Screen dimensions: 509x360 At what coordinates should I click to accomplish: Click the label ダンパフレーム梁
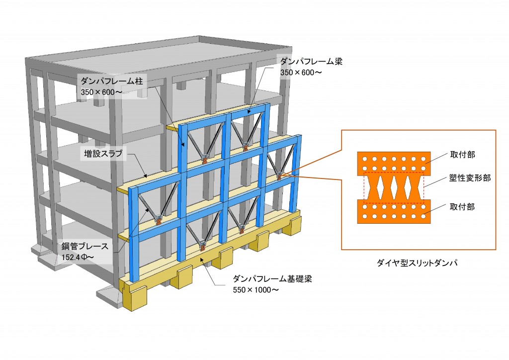(x=311, y=61)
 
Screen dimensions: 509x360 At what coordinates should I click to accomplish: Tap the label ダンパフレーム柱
(x=112, y=81)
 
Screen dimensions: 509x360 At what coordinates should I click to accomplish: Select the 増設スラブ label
(x=103, y=154)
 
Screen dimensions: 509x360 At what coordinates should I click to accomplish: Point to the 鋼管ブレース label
(x=85, y=247)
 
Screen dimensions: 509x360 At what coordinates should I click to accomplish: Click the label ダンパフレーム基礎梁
(x=272, y=278)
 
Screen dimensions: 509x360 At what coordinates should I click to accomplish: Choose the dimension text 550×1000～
(x=255, y=290)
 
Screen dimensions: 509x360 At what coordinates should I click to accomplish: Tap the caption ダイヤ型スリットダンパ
(x=417, y=263)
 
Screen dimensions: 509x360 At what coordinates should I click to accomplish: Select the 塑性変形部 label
(x=470, y=178)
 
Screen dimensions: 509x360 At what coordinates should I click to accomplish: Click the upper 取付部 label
(x=463, y=155)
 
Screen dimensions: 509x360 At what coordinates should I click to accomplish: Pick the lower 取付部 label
(x=462, y=207)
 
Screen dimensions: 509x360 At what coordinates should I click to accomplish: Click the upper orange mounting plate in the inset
(x=394, y=164)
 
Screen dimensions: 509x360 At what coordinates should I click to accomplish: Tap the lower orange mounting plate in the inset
(x=394, y=211)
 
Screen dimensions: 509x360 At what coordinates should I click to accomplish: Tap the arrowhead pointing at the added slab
(x=147, y=176)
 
